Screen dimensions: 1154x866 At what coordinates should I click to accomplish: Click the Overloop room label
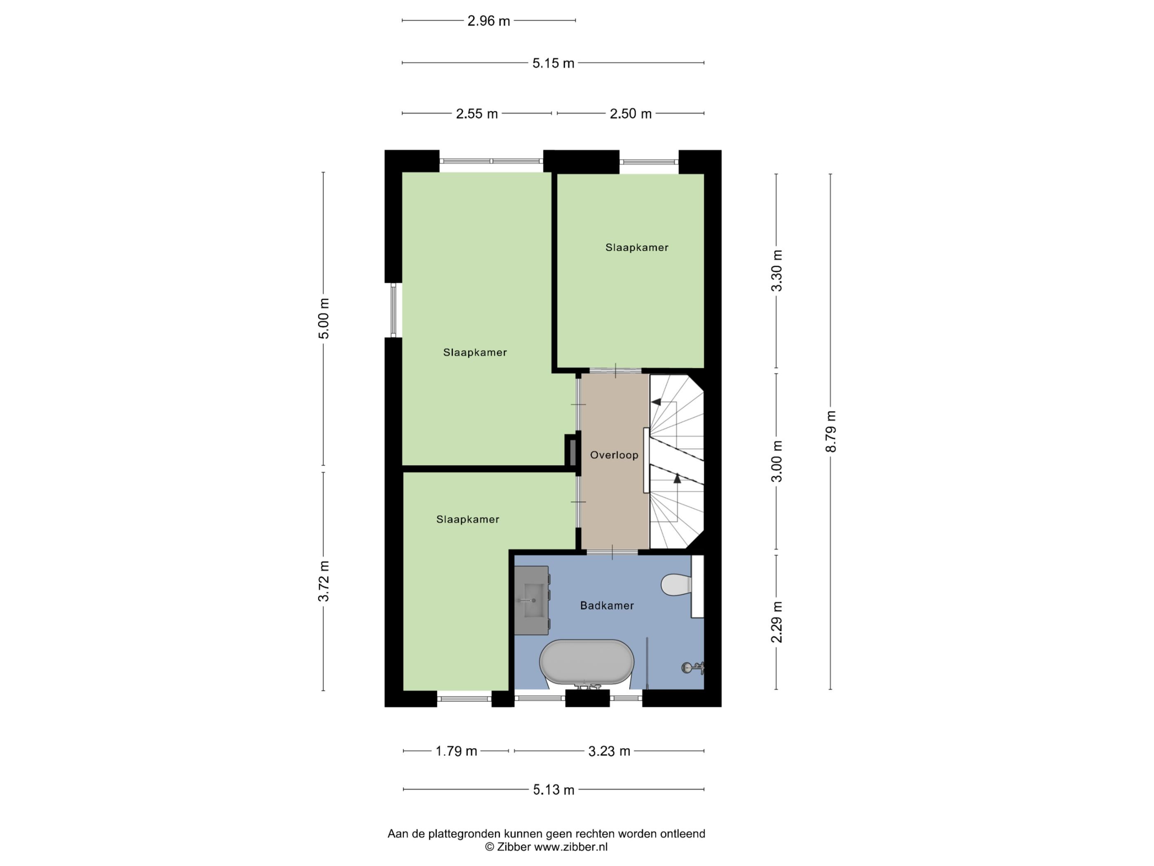pos(614,455)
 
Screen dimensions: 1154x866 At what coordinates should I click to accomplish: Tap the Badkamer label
pos(607,605)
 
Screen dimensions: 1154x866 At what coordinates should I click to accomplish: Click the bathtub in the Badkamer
pos(586,662)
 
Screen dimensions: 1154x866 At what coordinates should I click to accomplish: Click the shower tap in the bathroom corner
pos(693,667)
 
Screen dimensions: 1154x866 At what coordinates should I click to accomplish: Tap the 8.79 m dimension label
pos(830,432)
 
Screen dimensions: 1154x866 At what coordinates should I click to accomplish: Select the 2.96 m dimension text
pos(488,21)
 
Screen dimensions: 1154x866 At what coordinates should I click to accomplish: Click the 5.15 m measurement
pos(553,63)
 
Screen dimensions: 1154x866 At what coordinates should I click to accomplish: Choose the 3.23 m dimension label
pos(609,751)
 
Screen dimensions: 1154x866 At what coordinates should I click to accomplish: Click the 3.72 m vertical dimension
pos(324,581)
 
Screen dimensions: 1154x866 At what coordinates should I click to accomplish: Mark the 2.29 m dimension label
pos(777,622)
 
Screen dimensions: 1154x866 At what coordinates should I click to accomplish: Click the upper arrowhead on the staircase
pos(656,402)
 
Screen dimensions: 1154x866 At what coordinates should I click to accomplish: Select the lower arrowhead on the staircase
pos(677,477)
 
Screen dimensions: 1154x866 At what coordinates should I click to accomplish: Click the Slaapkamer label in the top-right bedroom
pos(636,247)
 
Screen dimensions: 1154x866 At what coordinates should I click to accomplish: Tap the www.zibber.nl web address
pos(571,847)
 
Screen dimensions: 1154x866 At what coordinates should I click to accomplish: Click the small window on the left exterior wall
pos(393,310)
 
